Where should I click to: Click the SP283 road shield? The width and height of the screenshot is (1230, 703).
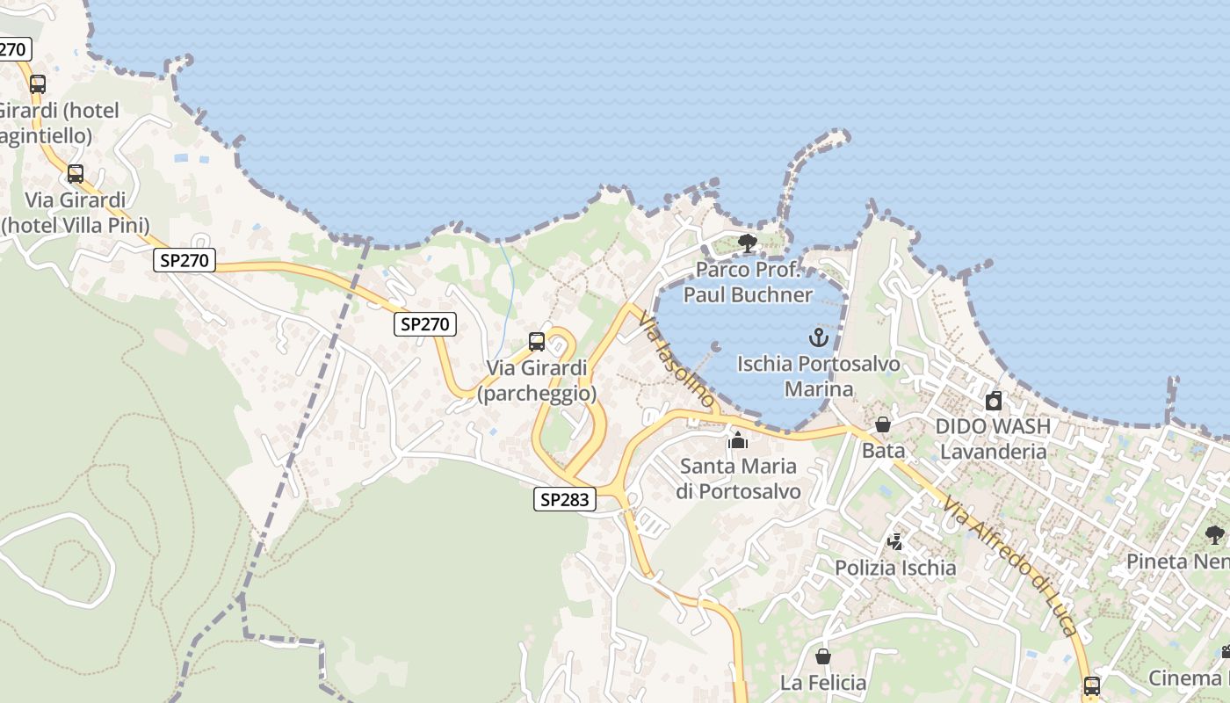point(565,500)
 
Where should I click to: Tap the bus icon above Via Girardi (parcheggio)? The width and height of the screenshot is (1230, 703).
point(537,342)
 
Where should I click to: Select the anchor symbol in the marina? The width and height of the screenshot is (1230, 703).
point(819,337)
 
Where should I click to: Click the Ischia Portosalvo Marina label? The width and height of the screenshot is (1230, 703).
point(818,376)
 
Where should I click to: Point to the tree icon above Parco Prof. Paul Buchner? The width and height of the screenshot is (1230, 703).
point(748,243)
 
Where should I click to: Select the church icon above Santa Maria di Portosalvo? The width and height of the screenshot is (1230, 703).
point(738,440)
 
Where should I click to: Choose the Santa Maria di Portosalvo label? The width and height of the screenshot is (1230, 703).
point(738,479)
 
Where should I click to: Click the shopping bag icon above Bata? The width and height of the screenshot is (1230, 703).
point(883,425)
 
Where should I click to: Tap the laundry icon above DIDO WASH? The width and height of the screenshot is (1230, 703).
point(994,402)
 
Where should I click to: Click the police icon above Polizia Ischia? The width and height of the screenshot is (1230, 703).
point(895,542)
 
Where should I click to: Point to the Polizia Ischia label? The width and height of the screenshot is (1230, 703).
point(895,569)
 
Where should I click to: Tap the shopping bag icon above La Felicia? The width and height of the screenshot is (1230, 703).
point(823,656)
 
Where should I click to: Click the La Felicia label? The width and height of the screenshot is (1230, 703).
point(823,683)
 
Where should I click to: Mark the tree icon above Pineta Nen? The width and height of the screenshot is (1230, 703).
point(1215,535)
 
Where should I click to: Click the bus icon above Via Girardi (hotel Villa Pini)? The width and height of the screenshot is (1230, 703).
point(76,174)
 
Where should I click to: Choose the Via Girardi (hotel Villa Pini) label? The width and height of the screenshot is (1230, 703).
point(76,213)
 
